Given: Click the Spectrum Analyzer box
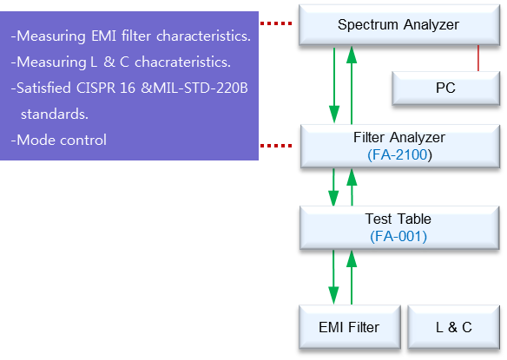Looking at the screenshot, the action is click(399, 24).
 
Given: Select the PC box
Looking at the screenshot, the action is click(446, 88).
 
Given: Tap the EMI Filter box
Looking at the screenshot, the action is click(350, 327).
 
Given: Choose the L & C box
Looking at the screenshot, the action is click(454, 327).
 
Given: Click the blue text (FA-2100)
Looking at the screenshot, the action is click(399, 154).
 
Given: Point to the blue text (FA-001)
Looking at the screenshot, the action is click(398, 236).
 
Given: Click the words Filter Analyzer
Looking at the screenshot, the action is click(399, 138).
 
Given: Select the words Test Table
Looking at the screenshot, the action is click(398, 219).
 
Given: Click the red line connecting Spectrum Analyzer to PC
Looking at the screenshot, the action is click(478, 58).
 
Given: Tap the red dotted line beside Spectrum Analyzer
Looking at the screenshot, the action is click(276, 23).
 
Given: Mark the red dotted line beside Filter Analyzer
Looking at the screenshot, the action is click(276, 146).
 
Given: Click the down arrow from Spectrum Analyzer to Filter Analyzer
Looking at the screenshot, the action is click(334, 85).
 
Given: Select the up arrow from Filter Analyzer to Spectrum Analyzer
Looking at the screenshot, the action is click(352, 85).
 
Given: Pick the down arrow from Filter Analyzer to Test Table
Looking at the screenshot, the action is click(333, 187).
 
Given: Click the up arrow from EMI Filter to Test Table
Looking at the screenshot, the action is click(352, 278).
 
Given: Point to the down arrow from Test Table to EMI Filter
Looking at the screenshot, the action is click(333, 278).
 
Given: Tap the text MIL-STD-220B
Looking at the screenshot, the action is click(201, 88).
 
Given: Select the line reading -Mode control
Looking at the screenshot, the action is click(58, 140).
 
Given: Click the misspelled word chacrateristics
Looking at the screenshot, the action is click(182, 62).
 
